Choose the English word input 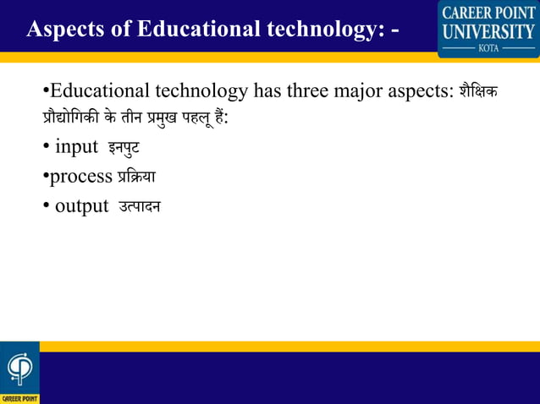click(x=76, y=147)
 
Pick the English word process click(x=80, y=177)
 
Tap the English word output click(x=81, y=206)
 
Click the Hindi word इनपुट click(x=124, y=149)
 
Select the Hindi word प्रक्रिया click(x=135, y=177)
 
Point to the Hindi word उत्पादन click(x=138, y=206)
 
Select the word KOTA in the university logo click(x=488, y=49)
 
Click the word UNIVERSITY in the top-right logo click(x=488, y=32)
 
